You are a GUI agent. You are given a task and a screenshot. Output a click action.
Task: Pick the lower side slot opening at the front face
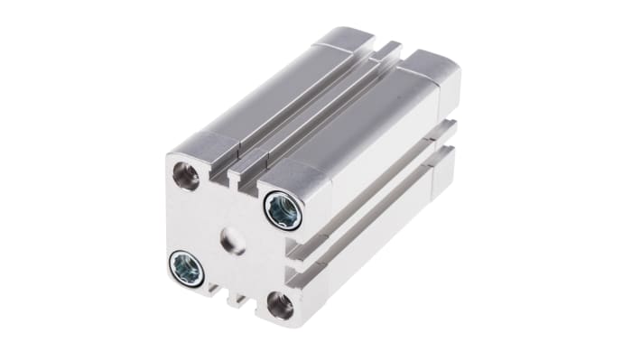296,269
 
